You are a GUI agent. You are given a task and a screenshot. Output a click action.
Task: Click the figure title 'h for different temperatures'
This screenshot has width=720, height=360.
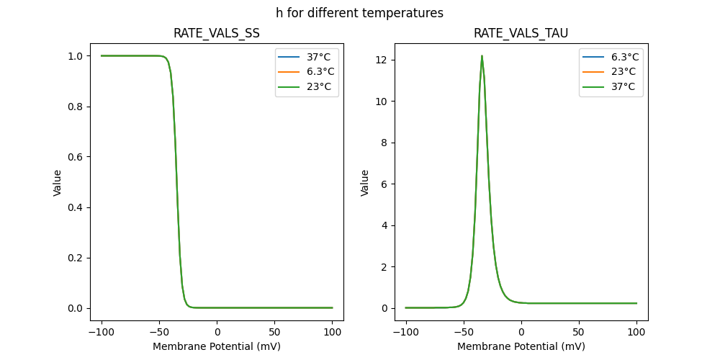[x=359, y=13]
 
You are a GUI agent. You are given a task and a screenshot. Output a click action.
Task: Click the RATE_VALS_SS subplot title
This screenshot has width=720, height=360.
[x=217, y=33]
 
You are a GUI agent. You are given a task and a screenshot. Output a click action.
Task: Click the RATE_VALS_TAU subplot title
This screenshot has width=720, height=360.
[x=521, y=33]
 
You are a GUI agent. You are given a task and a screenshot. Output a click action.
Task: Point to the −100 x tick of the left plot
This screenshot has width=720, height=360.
[x=101, y=333]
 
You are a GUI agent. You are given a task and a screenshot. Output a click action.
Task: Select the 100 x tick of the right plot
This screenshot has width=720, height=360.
[x=636, y=333]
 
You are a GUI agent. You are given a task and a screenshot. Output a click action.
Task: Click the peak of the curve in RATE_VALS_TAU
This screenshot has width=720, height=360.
[x=482, y=56]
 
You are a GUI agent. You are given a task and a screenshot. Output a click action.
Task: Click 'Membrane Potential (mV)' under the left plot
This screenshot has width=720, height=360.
[x=217, y=346]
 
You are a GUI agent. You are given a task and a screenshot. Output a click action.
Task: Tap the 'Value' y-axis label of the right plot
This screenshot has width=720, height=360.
[x=365, y=183]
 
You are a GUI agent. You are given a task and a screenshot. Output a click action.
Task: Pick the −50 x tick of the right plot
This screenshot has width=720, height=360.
[x=464, y=333]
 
